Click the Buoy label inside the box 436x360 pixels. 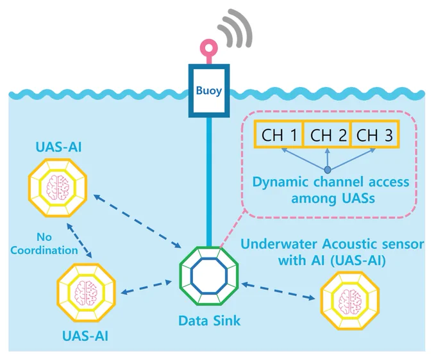point(209,91)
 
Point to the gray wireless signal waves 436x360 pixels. point(235,29)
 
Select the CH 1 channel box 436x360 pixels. point(278,135)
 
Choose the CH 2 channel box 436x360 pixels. point(328,135)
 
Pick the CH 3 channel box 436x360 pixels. point(375,135)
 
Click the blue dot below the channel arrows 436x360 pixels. point(328,170)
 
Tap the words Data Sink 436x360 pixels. point(209,321)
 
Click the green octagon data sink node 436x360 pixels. point(209,276)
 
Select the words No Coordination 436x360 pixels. point(44,244)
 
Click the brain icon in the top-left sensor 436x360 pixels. point(58,188)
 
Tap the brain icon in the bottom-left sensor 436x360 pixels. point(86,293)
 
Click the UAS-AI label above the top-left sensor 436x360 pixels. point(59,147)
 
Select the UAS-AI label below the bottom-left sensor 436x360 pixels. point(85,336)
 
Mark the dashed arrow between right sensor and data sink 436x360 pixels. point(278,291)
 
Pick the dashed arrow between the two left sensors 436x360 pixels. point(80,241)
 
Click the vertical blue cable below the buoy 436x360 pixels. point(209,181)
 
